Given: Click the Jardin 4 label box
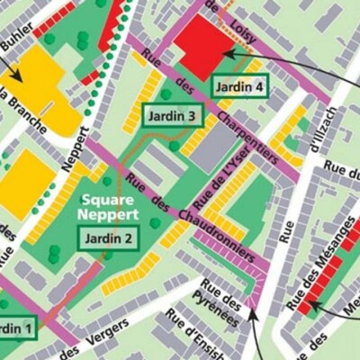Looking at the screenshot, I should tap(239, 87).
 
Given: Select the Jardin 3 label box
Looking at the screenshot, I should tap(172, 116).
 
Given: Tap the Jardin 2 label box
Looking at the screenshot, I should tap(109, 238).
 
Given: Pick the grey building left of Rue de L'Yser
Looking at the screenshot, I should tap(212, 143).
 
